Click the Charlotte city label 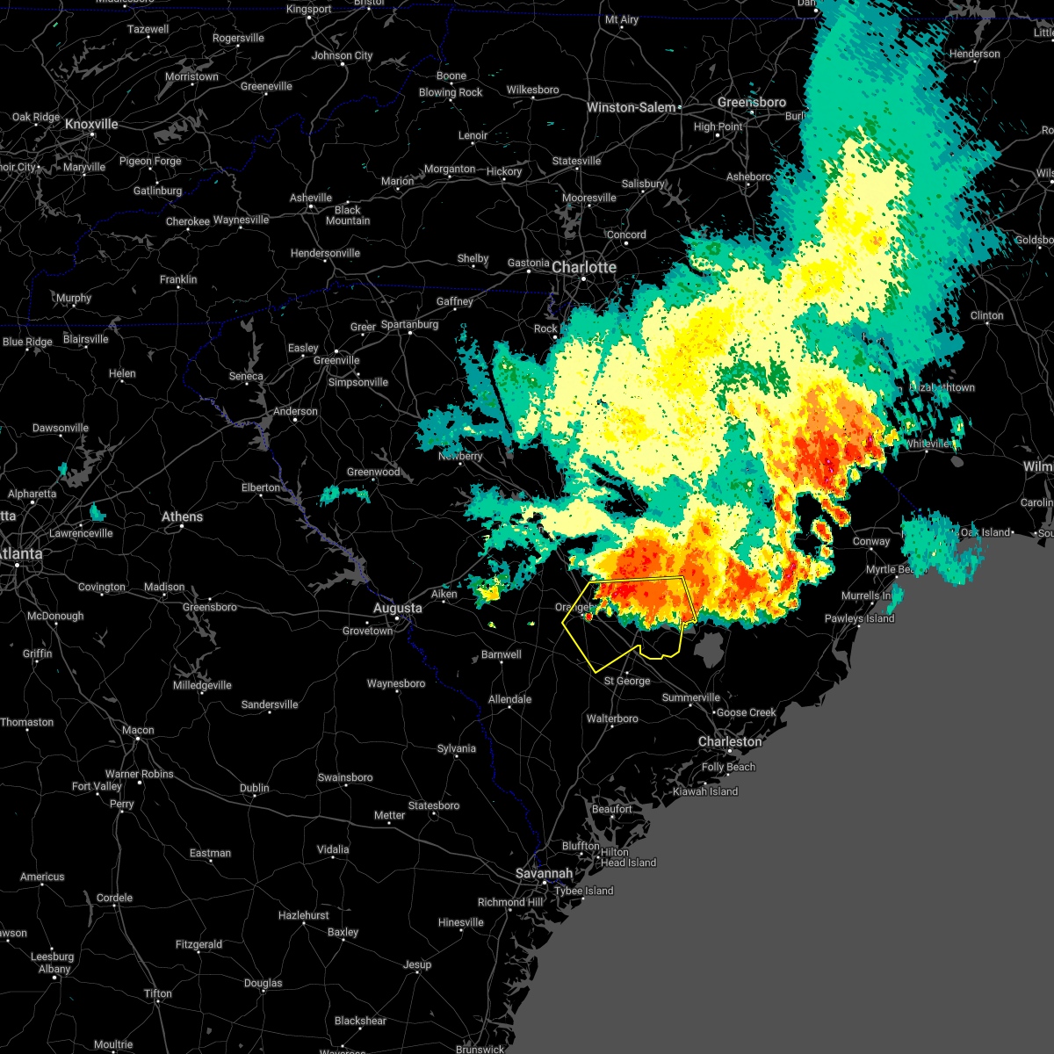tap(584, 267)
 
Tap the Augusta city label tap(397, 608)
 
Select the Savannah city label tap(544, 873)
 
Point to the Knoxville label tap(91, 125)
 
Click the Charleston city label tap(730, 742)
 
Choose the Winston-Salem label tap(632, 107)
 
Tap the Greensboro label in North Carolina tap(751, 103)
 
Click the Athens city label tap(182, 516)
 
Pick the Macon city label tap(138, 730)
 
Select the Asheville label tap(311, 198)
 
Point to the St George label tap(627, 681)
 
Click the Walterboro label tap(612, 718)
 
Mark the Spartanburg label tap(409, 324)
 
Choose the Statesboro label tap(434, 805)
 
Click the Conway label tap(871, 541)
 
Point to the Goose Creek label tap(747, 712)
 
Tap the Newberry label tap(460, 456)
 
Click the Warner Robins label tap(140, 774)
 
